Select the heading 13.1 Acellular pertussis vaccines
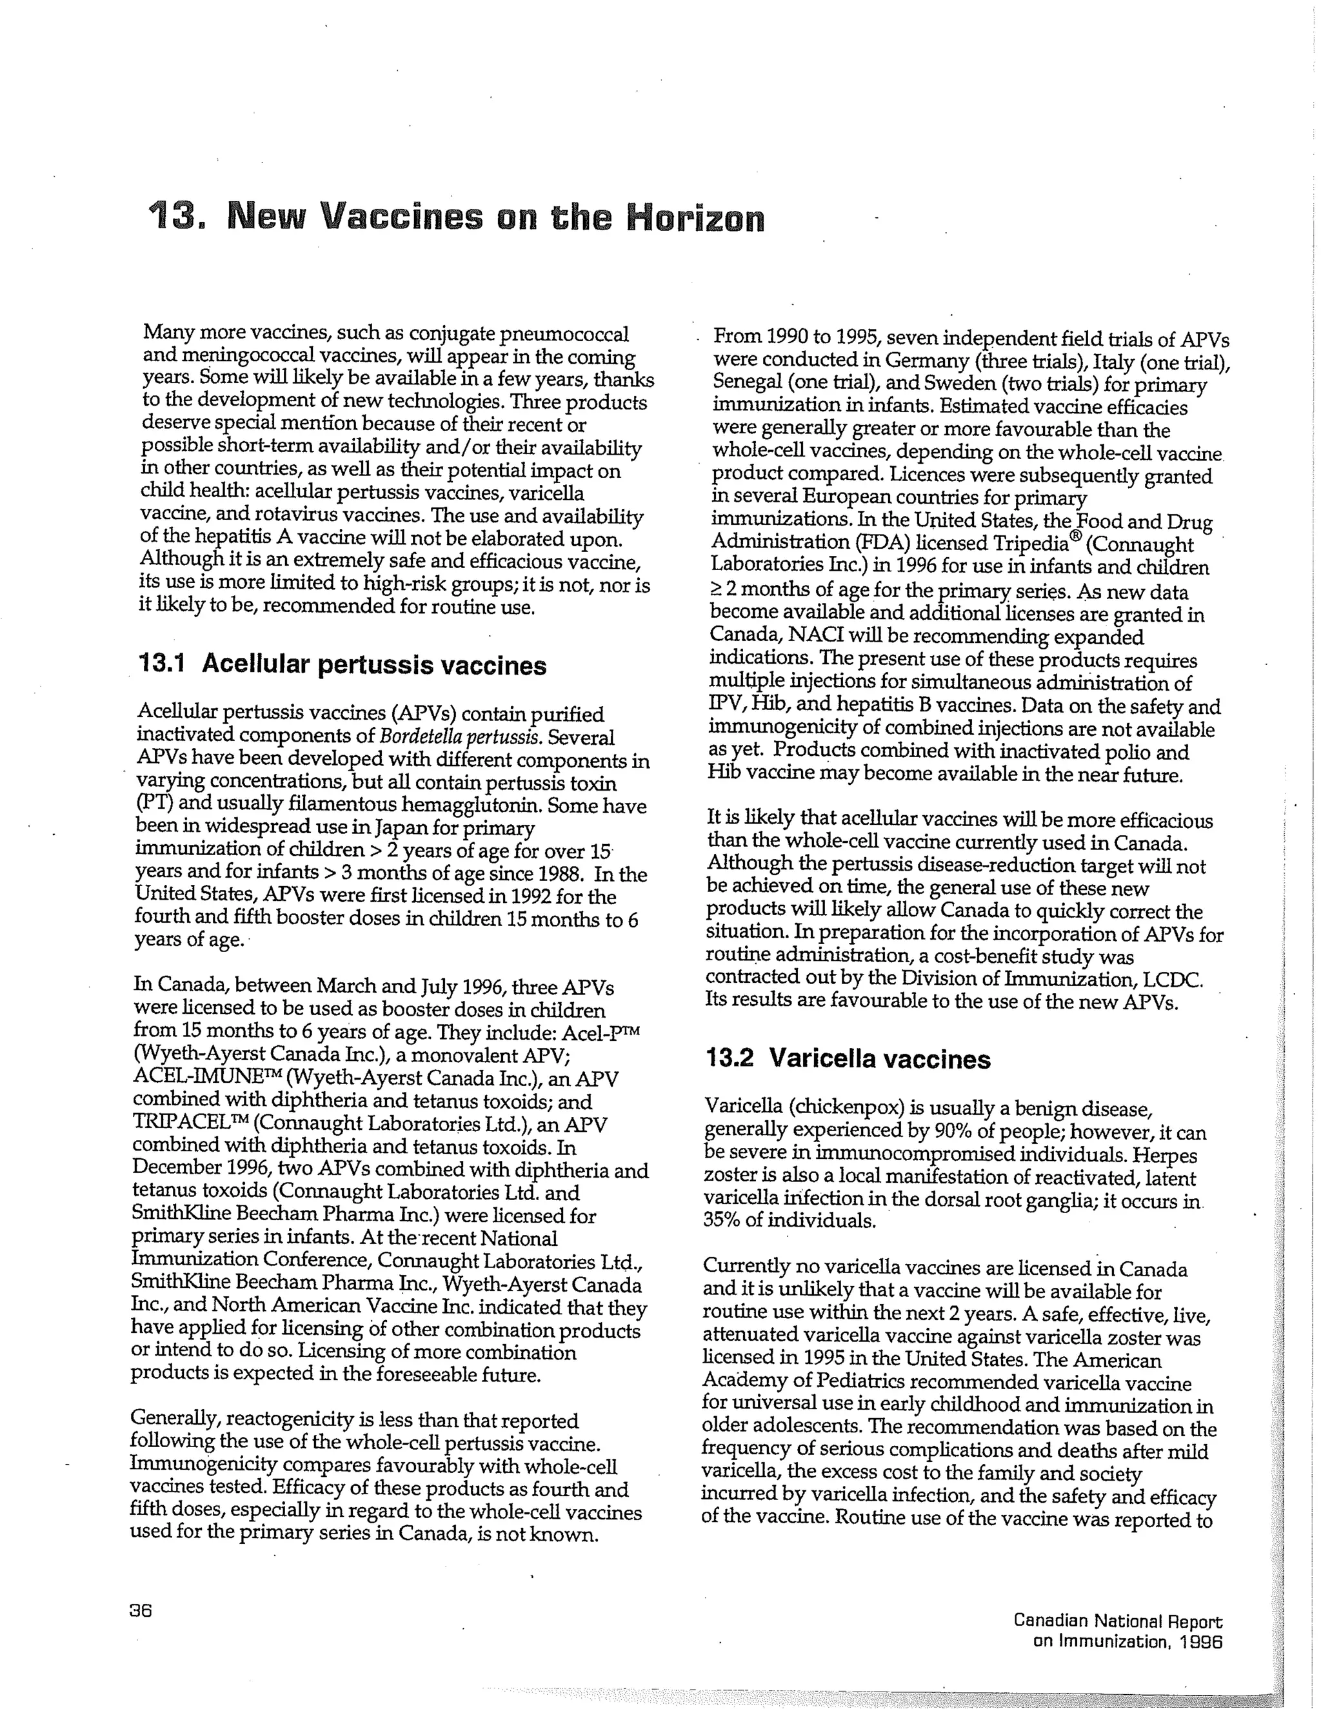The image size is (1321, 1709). (x=342, y=664)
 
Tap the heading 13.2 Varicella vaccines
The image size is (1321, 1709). (x=848, y=1059)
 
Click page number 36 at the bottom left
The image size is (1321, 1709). (x=141, y=1610)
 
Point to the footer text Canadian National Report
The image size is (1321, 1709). (x=1118, y=1621)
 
